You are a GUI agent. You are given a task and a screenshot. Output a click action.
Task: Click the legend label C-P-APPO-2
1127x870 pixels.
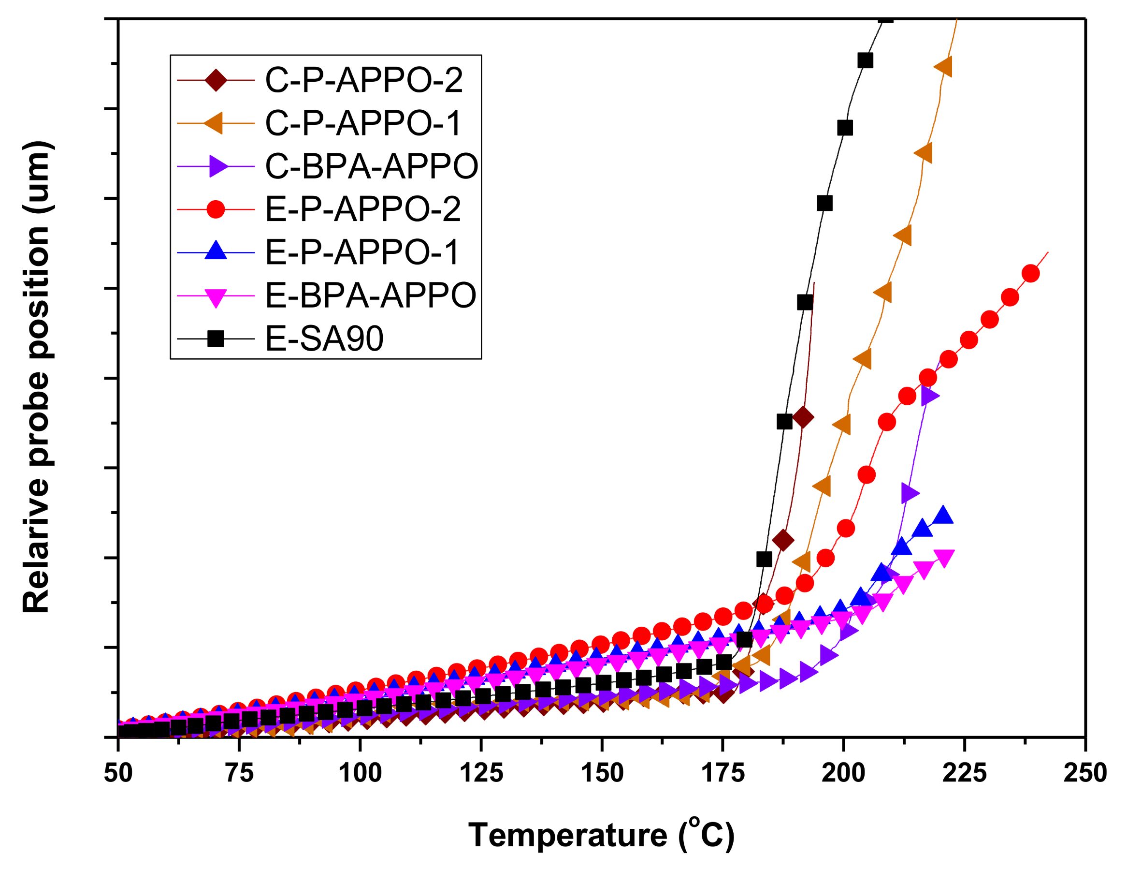363,81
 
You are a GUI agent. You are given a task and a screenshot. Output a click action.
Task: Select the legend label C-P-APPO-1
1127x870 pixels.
362,123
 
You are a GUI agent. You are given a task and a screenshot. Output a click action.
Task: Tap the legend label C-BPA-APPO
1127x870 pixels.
371,166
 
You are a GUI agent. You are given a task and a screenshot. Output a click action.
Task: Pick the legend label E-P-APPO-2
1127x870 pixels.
362,209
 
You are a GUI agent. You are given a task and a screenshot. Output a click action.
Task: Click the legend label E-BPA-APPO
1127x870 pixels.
370,295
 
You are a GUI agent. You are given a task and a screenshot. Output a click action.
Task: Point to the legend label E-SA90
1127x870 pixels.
324,339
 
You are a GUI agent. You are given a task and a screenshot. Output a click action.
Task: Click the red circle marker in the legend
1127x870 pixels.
216,209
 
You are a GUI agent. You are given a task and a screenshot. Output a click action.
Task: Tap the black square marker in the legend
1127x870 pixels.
216,339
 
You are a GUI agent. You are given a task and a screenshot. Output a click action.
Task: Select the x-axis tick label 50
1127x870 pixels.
118,773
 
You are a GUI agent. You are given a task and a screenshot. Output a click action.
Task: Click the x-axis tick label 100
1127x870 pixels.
360,773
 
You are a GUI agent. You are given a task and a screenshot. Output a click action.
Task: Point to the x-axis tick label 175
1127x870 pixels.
722,773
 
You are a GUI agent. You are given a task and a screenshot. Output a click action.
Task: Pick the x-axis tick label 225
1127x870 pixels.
964,773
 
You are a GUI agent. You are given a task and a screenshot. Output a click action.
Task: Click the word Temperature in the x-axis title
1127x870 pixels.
568,835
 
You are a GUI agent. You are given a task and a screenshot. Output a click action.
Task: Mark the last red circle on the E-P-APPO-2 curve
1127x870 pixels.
1030,274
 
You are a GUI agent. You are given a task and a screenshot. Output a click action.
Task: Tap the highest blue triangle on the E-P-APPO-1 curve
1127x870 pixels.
943,516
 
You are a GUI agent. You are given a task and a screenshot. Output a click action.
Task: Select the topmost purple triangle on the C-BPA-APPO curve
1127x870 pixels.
929,396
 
